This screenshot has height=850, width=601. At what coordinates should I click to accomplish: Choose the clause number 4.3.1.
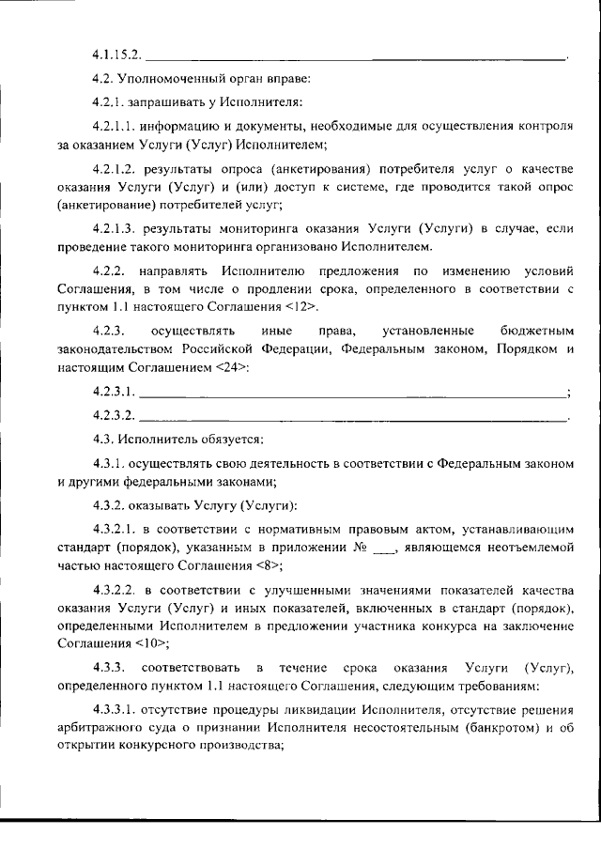tap(109, 463)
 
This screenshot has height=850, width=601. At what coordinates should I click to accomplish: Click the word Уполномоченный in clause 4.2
tap(162, 78)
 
